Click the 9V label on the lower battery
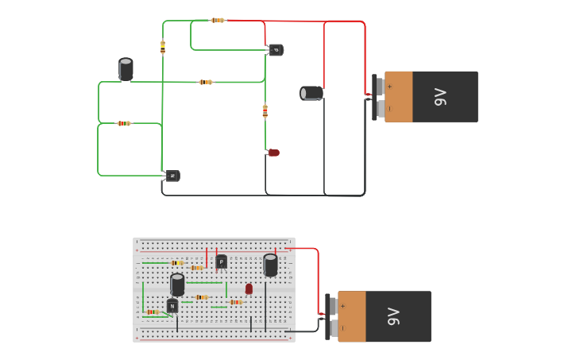[393, 316]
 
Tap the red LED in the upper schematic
[273, 153]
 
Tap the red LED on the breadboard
[249, 289]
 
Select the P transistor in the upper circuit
[276, 50]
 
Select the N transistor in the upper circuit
[172, 176]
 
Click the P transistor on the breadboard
[222, 261]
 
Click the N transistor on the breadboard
[172, 306]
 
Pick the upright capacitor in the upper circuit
[126, 69]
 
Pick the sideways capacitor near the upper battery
[311, 93]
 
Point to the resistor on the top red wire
[218, 20]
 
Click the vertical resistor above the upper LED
[265, 111]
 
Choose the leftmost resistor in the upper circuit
[123, 123]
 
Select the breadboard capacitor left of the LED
[177, 284]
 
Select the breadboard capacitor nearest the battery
[270, 265]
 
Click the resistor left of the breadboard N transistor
[152, 312]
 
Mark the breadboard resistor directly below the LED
[235, 302]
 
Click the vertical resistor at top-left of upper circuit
[163, 47]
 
